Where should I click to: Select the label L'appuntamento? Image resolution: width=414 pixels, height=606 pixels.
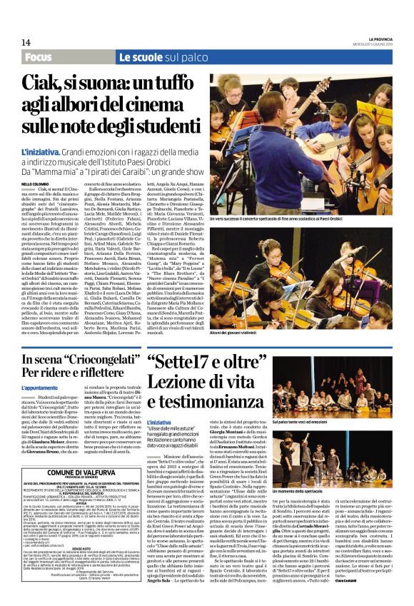click(40, 388)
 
